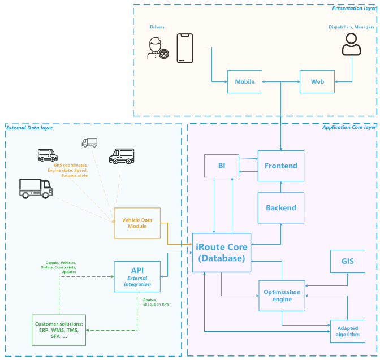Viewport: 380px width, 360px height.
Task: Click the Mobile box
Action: pos(245,81)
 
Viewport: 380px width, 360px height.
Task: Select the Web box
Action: pos(317,81)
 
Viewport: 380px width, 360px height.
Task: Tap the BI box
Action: pos(221,166)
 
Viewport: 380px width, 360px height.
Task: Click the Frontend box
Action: pos(281,166)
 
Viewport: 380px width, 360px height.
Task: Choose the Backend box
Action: pos(281,207)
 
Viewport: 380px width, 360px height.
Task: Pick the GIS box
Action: pos(347,261)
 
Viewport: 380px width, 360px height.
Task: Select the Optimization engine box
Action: pos(282,296)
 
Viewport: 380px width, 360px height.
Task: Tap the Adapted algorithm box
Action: pos(347,331)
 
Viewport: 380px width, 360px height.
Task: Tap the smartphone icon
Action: pos(185,48)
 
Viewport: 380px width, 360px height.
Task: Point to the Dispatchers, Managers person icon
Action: pos(351,45)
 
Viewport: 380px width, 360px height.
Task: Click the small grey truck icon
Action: pos(89,143)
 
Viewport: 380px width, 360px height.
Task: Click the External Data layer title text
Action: pos(29,128)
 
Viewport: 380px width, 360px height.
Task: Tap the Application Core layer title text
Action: pos(348,128)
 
